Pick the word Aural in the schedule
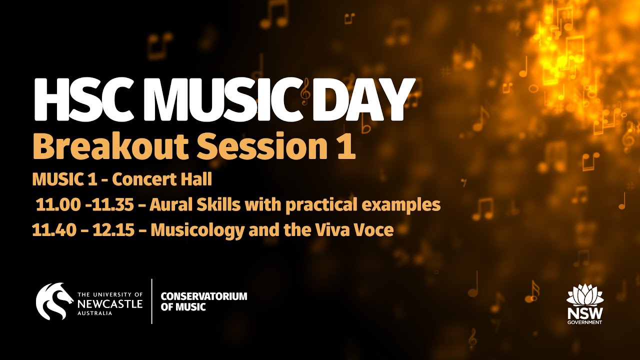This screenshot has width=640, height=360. point(169,205)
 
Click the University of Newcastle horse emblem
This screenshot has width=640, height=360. point(54,301)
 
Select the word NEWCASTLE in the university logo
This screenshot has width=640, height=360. point(110,303)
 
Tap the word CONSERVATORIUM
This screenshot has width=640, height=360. point(204,296)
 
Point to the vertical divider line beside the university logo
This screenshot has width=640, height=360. point(152,301)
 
